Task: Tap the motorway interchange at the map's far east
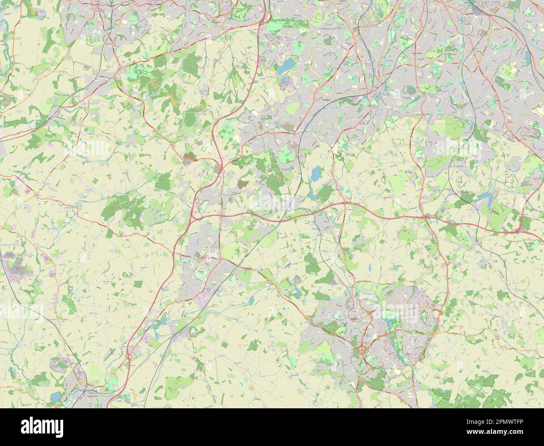click(x=523, y=227)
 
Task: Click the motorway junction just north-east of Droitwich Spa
click(x=128, y=356)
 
